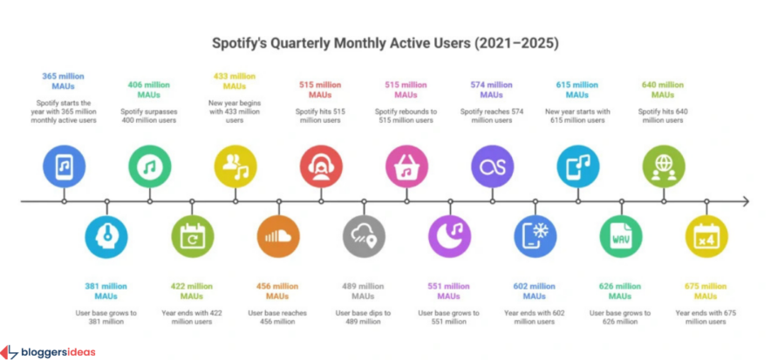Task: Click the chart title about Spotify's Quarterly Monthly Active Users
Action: (x=385, y=42)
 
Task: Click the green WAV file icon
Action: (x=621, y=236)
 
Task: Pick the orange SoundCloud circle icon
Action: (x=278, y=236)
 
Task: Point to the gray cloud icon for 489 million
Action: (x=364, y=236)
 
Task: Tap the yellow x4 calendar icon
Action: (x=706, y=236)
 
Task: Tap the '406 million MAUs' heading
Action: (x=150, y=89)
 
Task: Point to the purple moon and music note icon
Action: (x=449, y=236)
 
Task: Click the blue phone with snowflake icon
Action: (x=535, y=236)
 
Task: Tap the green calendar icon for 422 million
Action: (x=193, y=236)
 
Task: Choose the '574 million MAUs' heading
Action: (x=492, y=89)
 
